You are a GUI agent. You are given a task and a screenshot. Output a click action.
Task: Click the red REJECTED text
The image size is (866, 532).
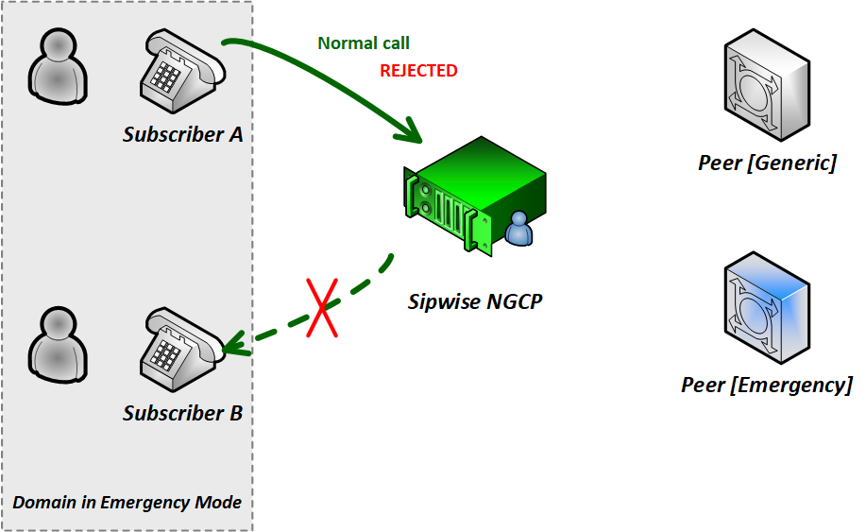[x=418, y=71]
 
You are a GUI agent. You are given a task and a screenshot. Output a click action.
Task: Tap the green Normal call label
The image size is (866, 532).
[x=364, y=43]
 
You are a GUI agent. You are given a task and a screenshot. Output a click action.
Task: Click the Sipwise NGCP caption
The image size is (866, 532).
[x=476, y=302]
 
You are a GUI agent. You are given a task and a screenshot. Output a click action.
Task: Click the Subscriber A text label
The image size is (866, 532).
[x=183, y=134]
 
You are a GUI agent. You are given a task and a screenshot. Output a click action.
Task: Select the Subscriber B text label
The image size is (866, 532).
[x=183, y=413]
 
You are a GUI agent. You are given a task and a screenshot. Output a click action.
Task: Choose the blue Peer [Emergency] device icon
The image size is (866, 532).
[x=766, y=308]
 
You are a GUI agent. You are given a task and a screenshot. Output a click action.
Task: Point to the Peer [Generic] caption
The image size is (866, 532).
[x=767, y=163]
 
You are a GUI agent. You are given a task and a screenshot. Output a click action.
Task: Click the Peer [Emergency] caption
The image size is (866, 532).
[x=767, y=385]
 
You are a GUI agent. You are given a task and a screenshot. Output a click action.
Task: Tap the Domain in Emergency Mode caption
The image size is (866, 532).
[x=127, y=502]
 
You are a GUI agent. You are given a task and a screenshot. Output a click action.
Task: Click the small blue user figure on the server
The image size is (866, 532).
[x=519, y=229]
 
